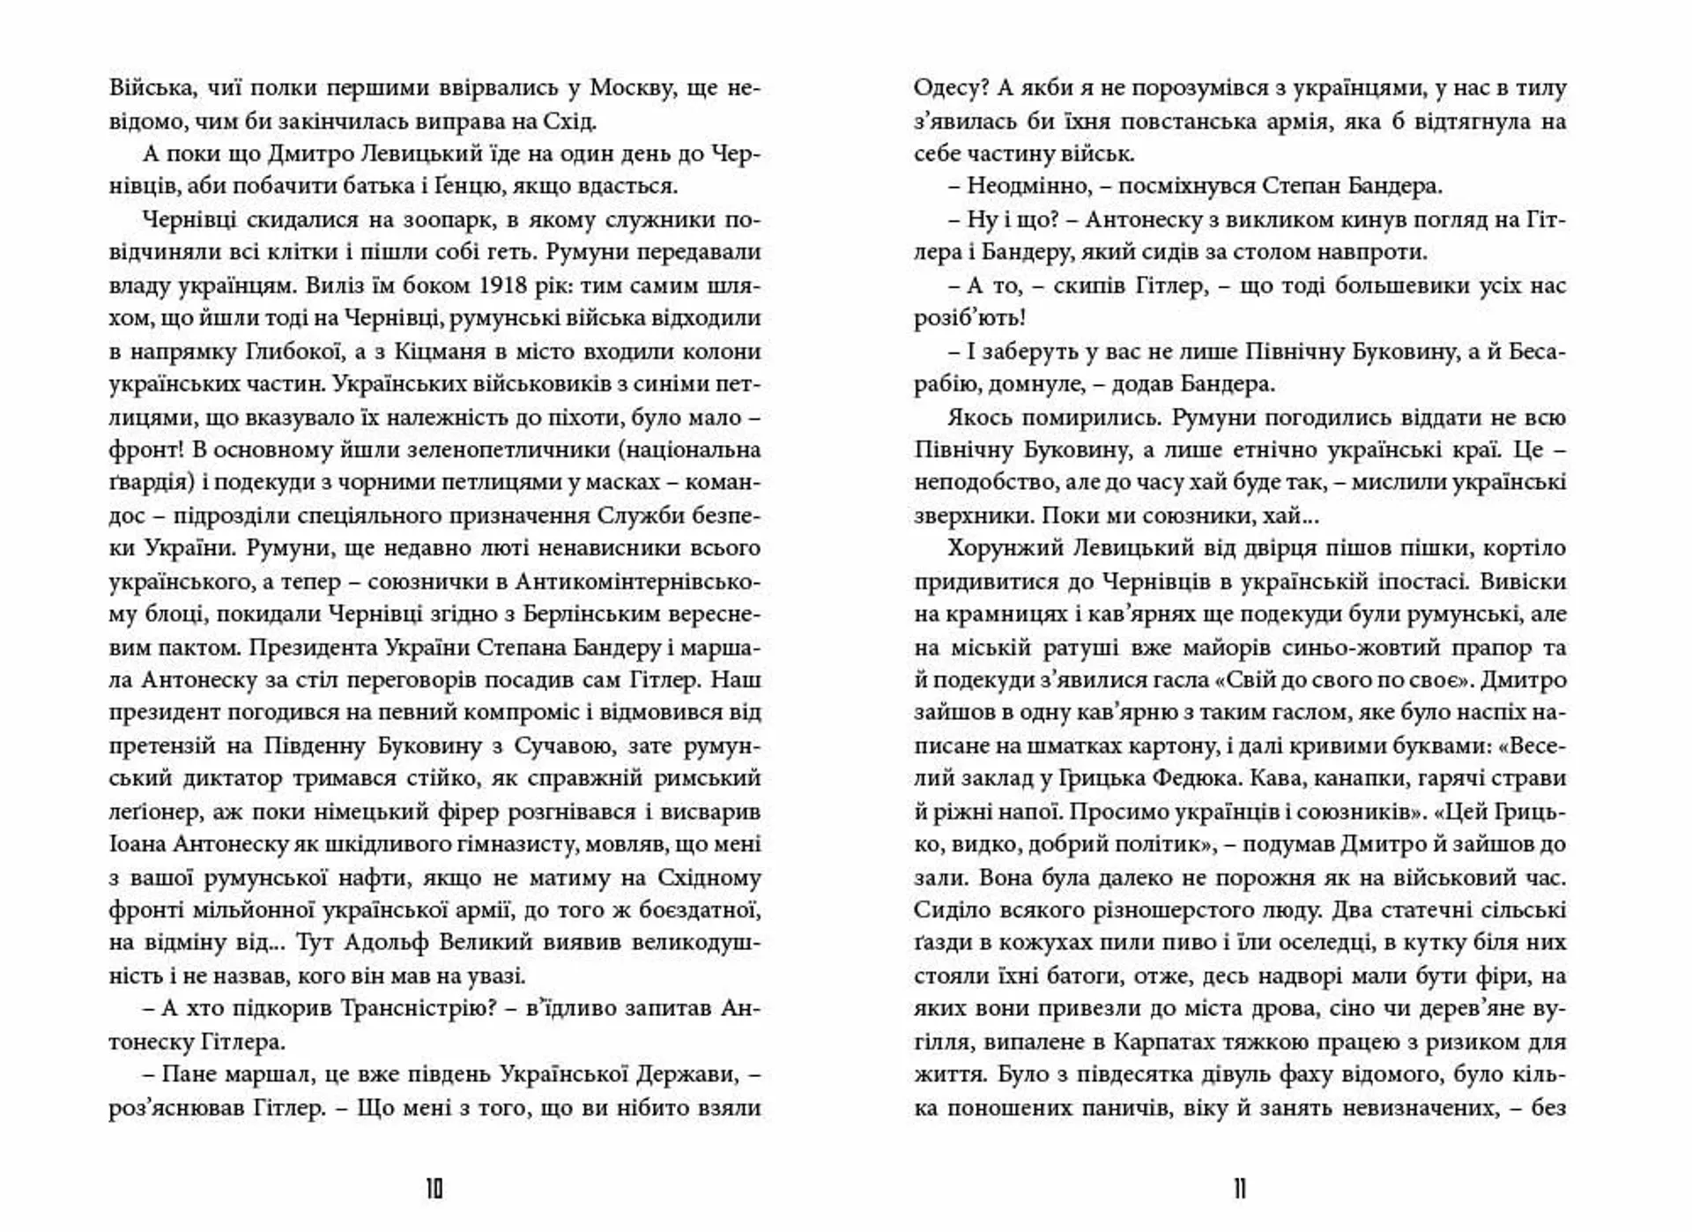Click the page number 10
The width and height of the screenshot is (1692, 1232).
[434, 1190]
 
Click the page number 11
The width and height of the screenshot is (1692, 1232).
[1240, 1190]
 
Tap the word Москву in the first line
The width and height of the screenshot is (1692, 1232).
[631, 88]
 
